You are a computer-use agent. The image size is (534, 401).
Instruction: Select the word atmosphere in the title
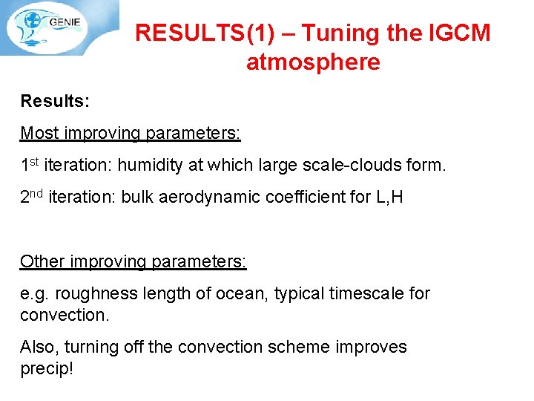tap(313, 62)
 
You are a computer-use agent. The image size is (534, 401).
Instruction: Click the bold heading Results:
tap(55, 100)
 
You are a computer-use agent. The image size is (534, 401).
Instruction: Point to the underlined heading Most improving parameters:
tap(131, 133)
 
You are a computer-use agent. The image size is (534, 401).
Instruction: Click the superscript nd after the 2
tap(37, 193)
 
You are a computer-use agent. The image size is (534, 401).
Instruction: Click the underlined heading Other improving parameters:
tap(133, 261)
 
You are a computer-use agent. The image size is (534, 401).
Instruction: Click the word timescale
tap(366, 293)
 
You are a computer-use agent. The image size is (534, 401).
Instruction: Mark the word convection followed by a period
tap(64, 315)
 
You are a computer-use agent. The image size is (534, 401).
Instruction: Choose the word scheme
tap(294, 347)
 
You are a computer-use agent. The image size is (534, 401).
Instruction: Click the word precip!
tap(47, 368)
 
